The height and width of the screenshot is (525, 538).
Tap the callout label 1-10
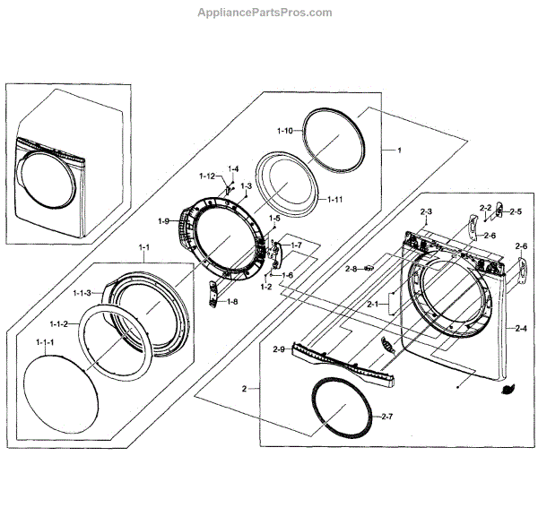tap(284, 131)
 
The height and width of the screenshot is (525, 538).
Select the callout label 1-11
tap(334, 199)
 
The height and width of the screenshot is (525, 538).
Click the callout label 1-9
tap(163, 221)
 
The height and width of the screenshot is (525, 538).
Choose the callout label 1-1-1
tap(46, 343)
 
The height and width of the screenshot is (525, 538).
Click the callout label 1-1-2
tap(60, 323)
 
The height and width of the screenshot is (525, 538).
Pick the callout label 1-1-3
tap(82, 293)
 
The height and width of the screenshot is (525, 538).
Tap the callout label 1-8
tap(231, 301)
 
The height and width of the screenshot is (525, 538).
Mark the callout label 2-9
tap(278, 349)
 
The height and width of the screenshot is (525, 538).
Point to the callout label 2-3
tap(426, 211)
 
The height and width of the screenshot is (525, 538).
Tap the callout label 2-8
tap(351, 268)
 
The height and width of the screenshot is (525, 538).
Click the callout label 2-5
tap(516, 212)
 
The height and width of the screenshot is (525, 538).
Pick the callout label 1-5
tap(274, 218)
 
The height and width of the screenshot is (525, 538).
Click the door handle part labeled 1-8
tap(212, 293)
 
